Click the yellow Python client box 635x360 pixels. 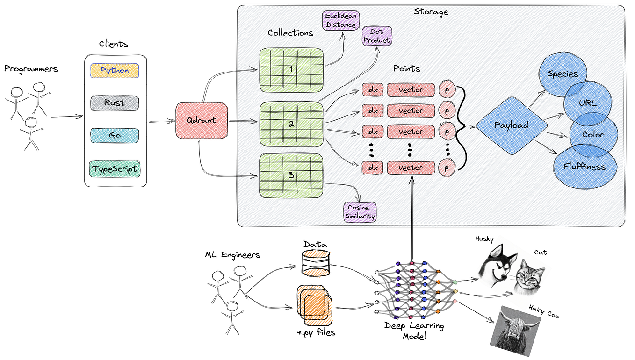click(x=115, y=71)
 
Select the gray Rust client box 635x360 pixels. click(x=115, y=103)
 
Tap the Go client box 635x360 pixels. click(x=115, y=136)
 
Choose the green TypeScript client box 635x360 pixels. click(x=115, y=169)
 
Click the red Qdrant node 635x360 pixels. click(x=201, y=121)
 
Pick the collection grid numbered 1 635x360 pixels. click(x=291, y=69)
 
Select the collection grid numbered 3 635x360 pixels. click(x=291, y=175)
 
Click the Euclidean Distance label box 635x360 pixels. click(x=341, y=21)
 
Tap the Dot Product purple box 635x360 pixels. click(x=376, y=36)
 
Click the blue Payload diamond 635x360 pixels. click(x=512, y=125)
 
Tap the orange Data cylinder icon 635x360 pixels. click(x=315, y=263)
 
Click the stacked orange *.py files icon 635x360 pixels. click(x=314, y=305)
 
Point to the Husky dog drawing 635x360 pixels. click(x=498, y=265)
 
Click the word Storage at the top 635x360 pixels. click(x=431, y=12)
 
